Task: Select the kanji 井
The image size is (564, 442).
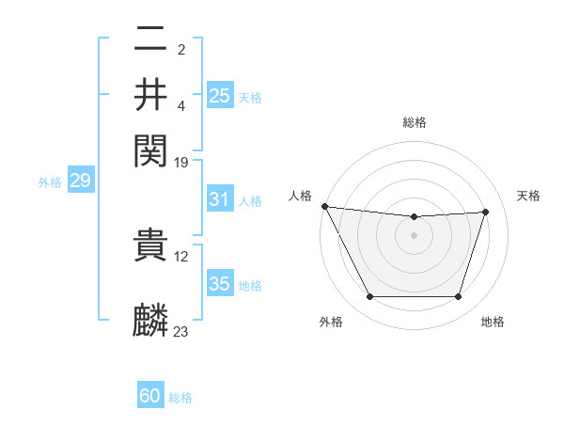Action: pos(151,94)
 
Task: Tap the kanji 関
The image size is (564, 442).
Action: pos(151,149)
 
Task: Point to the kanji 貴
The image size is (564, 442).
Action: pos(151,248)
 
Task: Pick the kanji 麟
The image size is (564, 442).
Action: pos(151,320)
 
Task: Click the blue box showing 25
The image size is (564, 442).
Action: pos(219,95)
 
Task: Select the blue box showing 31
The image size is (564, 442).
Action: pos(219,199)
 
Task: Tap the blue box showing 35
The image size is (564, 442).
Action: pos(219,284)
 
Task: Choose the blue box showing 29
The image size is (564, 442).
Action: pos(80,182)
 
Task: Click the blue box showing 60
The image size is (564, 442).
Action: pos(150,397)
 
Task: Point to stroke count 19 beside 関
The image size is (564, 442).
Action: pos(181,162)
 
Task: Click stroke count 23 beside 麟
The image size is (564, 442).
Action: pos(181,331)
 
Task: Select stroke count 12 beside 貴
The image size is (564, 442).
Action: pos(181,257)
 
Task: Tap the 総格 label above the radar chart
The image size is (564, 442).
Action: pos(414,122)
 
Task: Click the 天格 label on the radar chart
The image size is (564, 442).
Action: pos(529,196)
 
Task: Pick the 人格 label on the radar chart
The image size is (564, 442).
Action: pos(300,196)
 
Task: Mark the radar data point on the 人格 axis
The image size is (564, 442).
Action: pos(325,206)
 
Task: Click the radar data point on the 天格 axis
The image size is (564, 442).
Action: pos(486,212)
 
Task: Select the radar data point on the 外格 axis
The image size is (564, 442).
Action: pos(369,297)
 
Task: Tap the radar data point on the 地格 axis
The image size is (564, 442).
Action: pos(459,297)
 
